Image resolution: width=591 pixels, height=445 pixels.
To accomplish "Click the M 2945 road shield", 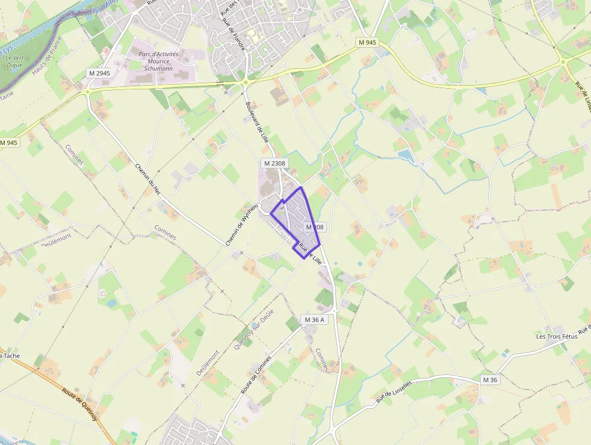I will [100, 73].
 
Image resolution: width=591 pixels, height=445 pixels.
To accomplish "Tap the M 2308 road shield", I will [274, 163].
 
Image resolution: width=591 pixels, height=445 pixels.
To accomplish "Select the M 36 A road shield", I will [315, 319].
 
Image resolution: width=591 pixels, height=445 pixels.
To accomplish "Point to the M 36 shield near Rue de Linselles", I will [490, 380].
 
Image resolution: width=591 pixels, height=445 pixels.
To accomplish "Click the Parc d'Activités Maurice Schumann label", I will [159, 61].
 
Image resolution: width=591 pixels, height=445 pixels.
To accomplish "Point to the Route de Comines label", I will [256, 374].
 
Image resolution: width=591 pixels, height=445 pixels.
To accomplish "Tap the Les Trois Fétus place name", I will [557, 336].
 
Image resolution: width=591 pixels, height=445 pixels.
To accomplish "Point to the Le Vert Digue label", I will [14, 62].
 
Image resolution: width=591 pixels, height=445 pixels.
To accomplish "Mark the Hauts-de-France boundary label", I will [48, 63].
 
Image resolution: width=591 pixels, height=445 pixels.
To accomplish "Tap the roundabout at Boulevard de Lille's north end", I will [245, 82].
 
